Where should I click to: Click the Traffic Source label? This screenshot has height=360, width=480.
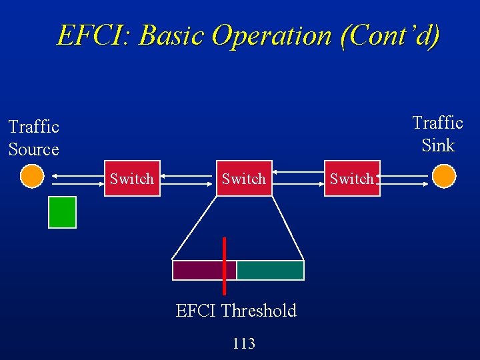coord(34,138)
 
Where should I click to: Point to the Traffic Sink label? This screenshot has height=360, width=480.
coord(437,134)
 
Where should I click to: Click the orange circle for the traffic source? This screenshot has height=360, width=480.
coord(31,177)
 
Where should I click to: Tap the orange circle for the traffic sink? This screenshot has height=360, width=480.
coord(443,177)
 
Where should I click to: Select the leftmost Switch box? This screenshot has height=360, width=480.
coord(132,179)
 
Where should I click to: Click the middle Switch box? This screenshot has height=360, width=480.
coord(244,179)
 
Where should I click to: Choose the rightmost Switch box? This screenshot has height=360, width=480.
coord(352,179)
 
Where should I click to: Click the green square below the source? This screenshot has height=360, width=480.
coord(63,212)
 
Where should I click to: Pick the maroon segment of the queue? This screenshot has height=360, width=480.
coord(197,270)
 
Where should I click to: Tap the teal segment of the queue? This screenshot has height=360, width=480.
coord(271,270)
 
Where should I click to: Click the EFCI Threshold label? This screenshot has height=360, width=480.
coord(236,311)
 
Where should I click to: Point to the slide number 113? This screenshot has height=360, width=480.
coord(243,343)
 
